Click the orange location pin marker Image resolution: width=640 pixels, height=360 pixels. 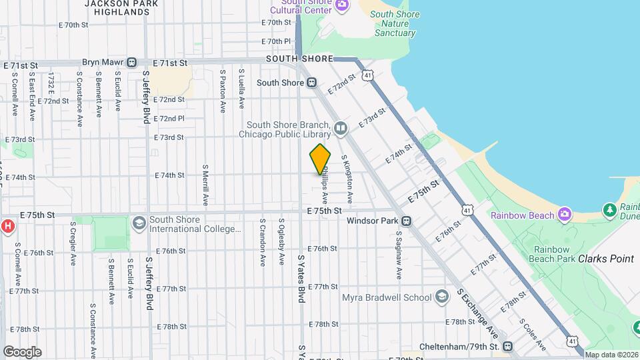[320, 159]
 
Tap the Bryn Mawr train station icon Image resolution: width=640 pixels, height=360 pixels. [131, 62]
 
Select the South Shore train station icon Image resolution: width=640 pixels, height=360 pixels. [311, 83]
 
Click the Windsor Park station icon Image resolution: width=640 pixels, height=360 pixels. [405, 221]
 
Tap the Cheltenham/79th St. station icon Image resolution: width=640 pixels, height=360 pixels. [508, 347]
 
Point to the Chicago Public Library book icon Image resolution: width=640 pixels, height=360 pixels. [341, 127]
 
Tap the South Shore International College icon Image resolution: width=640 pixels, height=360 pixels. [139, 222]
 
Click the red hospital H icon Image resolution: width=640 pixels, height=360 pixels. [8, 226]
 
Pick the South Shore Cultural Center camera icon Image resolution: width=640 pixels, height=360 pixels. [342, 6]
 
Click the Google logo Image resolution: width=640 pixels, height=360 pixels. [22, 351]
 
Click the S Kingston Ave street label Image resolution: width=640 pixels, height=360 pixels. [347, 179]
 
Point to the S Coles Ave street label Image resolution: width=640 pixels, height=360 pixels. [533, 334]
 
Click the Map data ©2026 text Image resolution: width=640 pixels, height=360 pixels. [611, 354]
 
